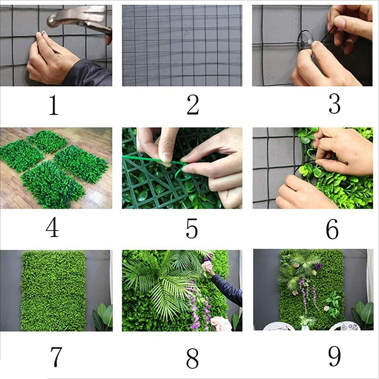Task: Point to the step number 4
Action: tap(52, 228)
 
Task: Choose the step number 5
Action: tap(192, 228)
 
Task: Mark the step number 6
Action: tap(332, 230)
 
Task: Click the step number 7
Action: tap(56, 357)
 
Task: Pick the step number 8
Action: tap(192, 358)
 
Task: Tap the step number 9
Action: tap(334, 357)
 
